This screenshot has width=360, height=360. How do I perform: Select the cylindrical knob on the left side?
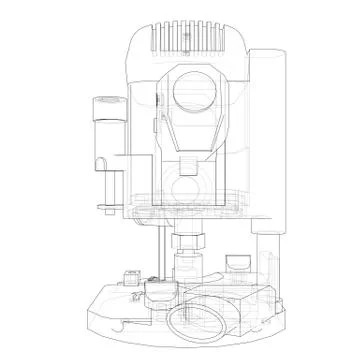(x=104, y=135)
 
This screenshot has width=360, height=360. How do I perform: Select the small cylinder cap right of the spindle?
(x=237, y=263)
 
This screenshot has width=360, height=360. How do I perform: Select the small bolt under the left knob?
(x=103, y=207)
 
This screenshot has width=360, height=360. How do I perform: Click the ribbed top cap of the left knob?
(x=104, y=103)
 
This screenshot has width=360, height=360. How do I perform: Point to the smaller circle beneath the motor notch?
(x=187, y=187)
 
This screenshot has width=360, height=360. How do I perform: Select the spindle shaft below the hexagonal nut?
(x=187, y=265)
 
